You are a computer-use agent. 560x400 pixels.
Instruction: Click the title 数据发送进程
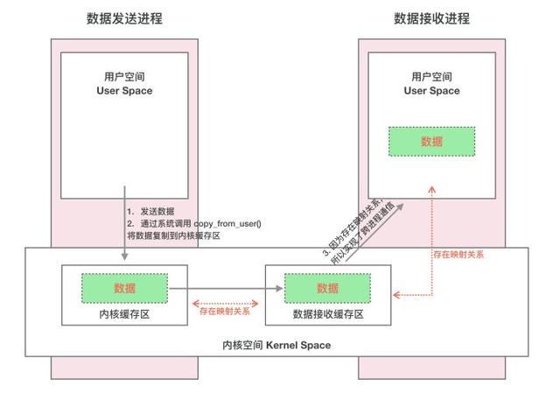coord(125,18)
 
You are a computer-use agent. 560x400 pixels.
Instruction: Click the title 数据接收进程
coord(431,18)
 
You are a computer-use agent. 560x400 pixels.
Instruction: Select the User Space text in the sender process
coord(125,90)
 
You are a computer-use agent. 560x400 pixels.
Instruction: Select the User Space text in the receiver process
coord(431,90)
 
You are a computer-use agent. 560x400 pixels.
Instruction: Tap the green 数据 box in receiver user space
coord(431,141)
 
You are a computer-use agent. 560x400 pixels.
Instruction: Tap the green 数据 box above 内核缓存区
coord(125,287)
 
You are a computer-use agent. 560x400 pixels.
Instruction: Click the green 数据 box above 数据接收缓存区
coord(328,287)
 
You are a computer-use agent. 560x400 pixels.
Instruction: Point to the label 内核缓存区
coord(125,313)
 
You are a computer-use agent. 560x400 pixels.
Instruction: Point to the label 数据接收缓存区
coord(328,313)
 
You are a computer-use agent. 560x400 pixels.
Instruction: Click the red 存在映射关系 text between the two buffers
coord(225,310)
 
